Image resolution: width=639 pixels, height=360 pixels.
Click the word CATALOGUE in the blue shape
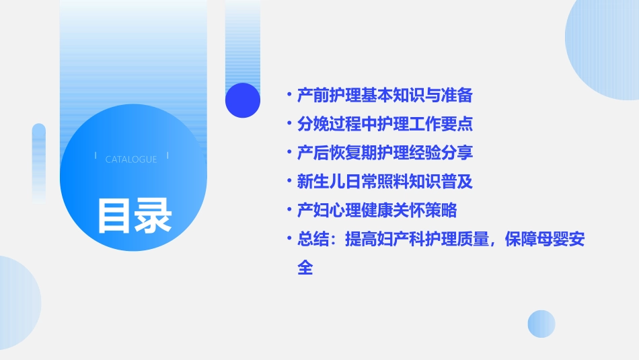pos(131,159)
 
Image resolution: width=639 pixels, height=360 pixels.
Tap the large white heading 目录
pos(134,215)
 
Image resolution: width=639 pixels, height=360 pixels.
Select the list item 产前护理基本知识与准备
pos(385,96)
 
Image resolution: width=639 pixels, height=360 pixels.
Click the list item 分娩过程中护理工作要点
pos(385,124)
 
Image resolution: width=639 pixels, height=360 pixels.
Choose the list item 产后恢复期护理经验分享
pos(385,153)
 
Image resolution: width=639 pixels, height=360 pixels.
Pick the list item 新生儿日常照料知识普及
pos(385,182)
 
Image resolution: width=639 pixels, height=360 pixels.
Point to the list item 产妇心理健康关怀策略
pos(377,210)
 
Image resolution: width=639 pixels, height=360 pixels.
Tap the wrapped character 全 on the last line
pos(305,268)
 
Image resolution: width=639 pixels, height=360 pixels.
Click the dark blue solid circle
pos(243,100)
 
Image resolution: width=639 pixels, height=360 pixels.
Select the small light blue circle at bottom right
pos(541,324)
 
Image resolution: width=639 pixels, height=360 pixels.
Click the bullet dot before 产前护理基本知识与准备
pos(289,96)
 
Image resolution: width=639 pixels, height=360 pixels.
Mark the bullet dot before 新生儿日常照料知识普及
pos(289,182)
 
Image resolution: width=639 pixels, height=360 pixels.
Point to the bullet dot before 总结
pos(289,239)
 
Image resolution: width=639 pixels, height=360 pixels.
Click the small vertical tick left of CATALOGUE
pos(96,155)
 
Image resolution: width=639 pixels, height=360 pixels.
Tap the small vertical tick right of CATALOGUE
pos(167,155)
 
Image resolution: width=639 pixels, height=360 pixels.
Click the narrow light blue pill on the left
pos(39,161)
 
